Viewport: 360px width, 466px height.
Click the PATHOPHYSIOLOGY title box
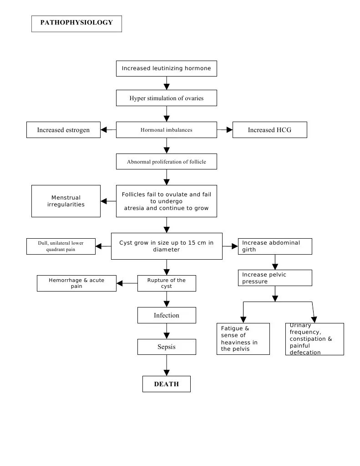pos(76,23)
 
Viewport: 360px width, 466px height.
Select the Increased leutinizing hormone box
pos(166,68)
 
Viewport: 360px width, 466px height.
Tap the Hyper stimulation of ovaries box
pos(166,98)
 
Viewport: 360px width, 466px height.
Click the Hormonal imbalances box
pos(166,130)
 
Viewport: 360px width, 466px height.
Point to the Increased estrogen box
pos(63,130)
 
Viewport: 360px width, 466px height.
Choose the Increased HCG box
pos(269,130)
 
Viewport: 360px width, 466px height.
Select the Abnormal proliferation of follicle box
pos(166,161)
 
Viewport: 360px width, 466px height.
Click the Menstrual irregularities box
pos(66,201)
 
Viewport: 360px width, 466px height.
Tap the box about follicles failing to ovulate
pos(166,201)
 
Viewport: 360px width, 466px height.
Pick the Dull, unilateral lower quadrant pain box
pos(61,246)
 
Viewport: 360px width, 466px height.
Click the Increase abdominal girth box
pos(275,246)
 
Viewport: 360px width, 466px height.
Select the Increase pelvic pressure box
pos(275,278)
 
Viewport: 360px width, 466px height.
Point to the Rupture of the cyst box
pos(167,283)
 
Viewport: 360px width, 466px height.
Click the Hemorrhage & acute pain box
pos(76,283)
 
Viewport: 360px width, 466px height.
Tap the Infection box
pos(167,315)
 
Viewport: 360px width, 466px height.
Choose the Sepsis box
pos(167,347)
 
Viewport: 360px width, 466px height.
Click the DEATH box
pos(166,384)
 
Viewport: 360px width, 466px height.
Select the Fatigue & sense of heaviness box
pos(243,338)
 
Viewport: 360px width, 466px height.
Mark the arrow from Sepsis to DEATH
pos(167,365)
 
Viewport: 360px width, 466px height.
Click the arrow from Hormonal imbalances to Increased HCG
pos(225,130)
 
